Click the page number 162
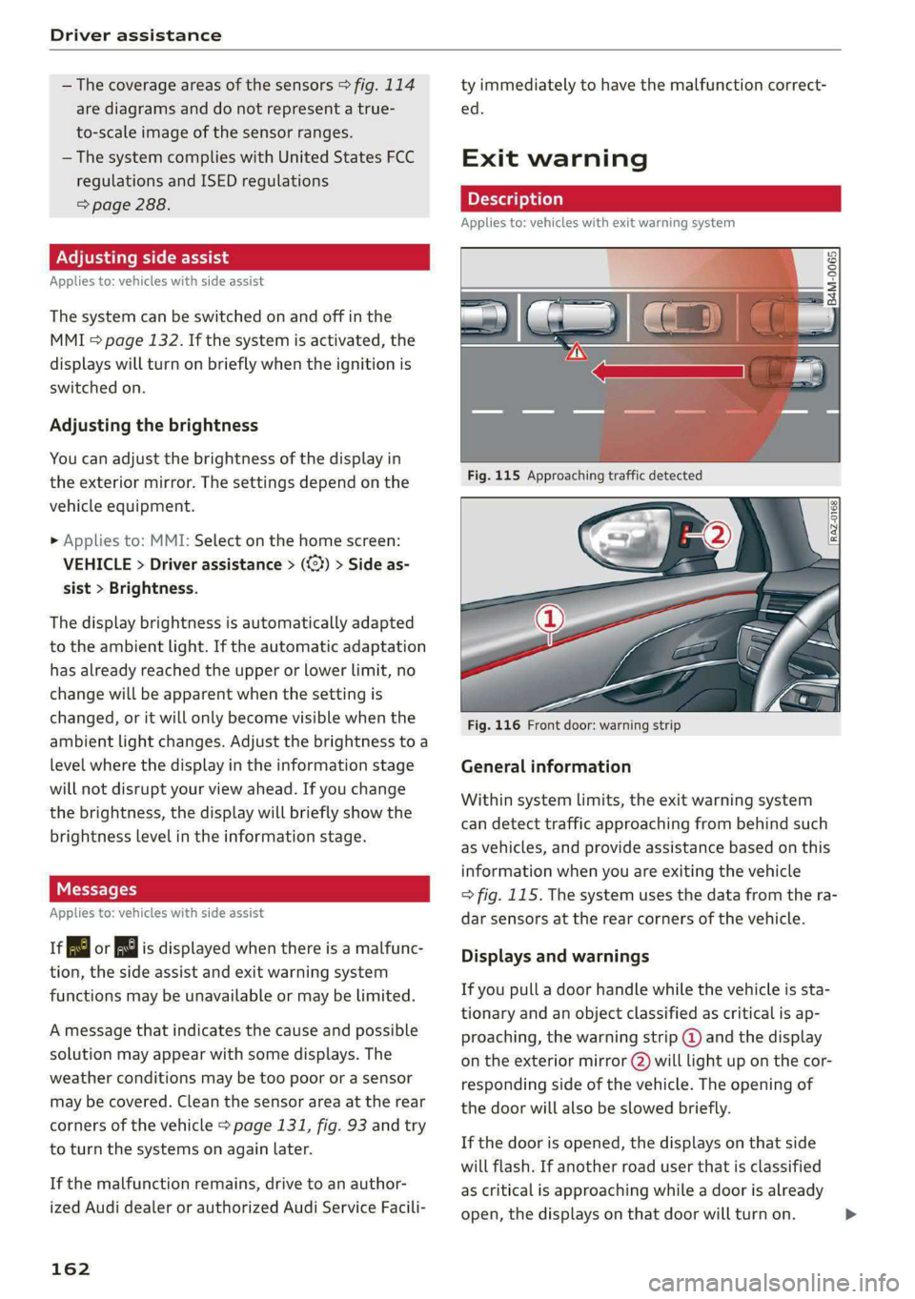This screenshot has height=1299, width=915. pos(71,1269)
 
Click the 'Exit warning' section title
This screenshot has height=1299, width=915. pos(554,158)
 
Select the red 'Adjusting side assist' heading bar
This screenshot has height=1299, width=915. pos(239,257)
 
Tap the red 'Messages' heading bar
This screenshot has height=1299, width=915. pos(239,889)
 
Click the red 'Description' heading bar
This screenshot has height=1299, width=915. pos(650,198)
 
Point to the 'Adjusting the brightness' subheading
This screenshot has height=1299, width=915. pos(153,425)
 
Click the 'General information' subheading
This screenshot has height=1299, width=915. pos(545,766)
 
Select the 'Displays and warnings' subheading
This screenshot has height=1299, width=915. pos(555,956)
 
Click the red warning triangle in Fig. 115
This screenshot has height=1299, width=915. pos(576,353)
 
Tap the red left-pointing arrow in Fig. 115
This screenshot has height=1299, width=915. pos(667,371)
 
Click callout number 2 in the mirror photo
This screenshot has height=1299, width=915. pos(717,535)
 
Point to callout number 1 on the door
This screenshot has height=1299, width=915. pos(550,619)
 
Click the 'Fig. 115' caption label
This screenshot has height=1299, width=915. pos(494,476)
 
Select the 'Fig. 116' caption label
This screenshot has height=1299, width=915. pos(494,725)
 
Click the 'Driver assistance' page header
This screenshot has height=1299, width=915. pos(135,35)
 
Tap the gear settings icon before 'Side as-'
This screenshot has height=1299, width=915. pos(315,564)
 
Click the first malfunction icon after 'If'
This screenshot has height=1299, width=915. pos(78,948)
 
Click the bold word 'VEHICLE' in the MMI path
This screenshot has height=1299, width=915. pos(97,564)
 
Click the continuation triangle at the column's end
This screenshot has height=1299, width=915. pos(850,1214)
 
